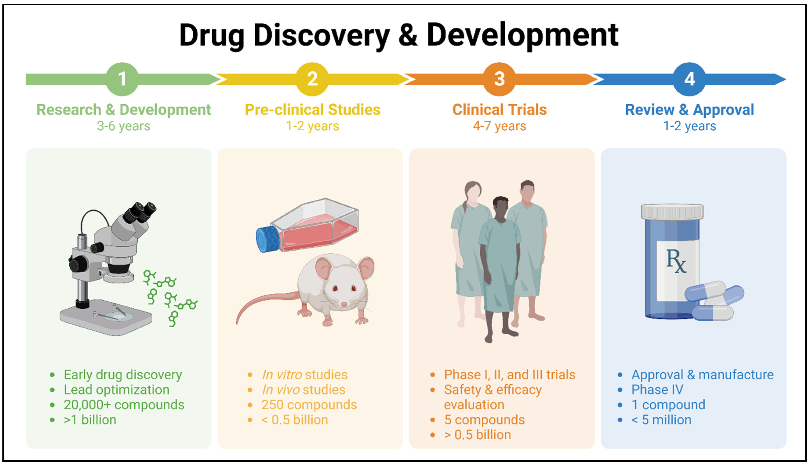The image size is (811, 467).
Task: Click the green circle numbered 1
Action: pyautogui.click(x=122, y=79)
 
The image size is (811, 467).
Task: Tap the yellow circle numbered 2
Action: pyautogui.click(x=312, y=79)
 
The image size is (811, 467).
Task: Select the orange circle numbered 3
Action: pyautogui.click(x=499, y=79)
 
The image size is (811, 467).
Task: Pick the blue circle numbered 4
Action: pyautogui.click(x=689, y=79)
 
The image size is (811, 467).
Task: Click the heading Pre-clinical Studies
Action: pyautogui.click(x=312, y=110)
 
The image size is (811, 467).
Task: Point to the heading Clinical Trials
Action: pyautogui.click(x=499, y=110)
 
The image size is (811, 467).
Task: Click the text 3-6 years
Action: pyautogui.click(x=123, y=126)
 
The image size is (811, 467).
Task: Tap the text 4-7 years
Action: pyautogui.click(x=499, y=126)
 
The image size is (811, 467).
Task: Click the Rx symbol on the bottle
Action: pyautogui.click(x=676, y=261)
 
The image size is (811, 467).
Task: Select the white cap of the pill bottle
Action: pyautogui.click(x=672, y=212)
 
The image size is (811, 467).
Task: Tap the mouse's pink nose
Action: pyautogui.click(x=344, y=304)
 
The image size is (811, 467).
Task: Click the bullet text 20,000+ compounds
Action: pyautogui.click(x=124, y=405)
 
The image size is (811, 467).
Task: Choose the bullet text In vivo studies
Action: pyautogui.click(x=303, y=390)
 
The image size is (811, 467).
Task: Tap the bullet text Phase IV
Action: pyautogui.click(x=657, y=390)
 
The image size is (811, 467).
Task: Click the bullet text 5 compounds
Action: pyautogui.click(x=484, y=420)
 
